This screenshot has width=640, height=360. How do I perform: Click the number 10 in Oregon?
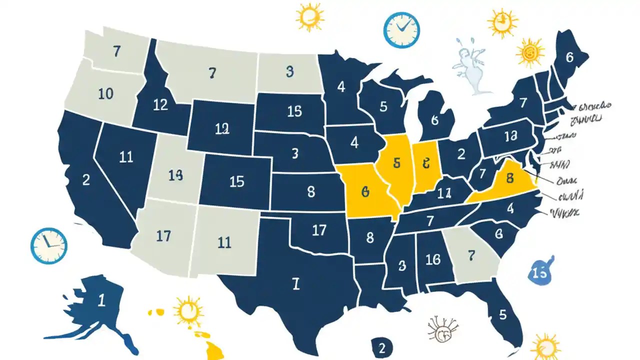[x=105, y=93]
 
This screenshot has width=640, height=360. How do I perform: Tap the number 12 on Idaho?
[x=160, y=105]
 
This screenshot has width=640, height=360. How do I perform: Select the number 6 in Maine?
[x=569, y=57]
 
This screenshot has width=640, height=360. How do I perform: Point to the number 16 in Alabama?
[x=432, y=259]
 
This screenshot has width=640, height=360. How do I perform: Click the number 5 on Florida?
[x=502, y=315]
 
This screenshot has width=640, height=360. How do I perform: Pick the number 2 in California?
[x=86, y=180]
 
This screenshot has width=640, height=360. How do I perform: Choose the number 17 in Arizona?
[x=163, y=235]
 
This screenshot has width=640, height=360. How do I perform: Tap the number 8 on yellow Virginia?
[x=510, y=177]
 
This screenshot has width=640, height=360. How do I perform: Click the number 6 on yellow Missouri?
[x=364, y=191]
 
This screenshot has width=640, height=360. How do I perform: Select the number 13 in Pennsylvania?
[x=510, y=136]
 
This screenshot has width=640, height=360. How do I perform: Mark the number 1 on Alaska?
[x=101, y=300]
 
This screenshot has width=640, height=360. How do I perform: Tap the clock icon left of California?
[x=48, y=245]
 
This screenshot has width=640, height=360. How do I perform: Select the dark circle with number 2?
[x=382, y=347]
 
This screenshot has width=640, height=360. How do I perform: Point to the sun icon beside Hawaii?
[x=188, y=311]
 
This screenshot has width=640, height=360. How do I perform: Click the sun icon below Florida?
[x=545, y=346]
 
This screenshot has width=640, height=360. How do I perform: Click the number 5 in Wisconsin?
[x=383, y=106]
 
